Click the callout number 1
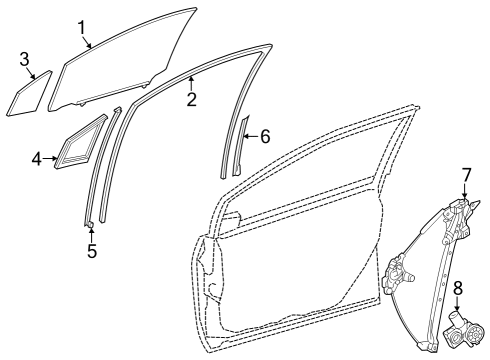click(83, 26)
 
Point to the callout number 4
click(36, 158)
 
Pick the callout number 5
click(91, 251)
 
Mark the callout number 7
click(465, 176)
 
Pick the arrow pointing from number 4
click(52, 158)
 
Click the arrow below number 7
click(465, 197)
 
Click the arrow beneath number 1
click(90, 42)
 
